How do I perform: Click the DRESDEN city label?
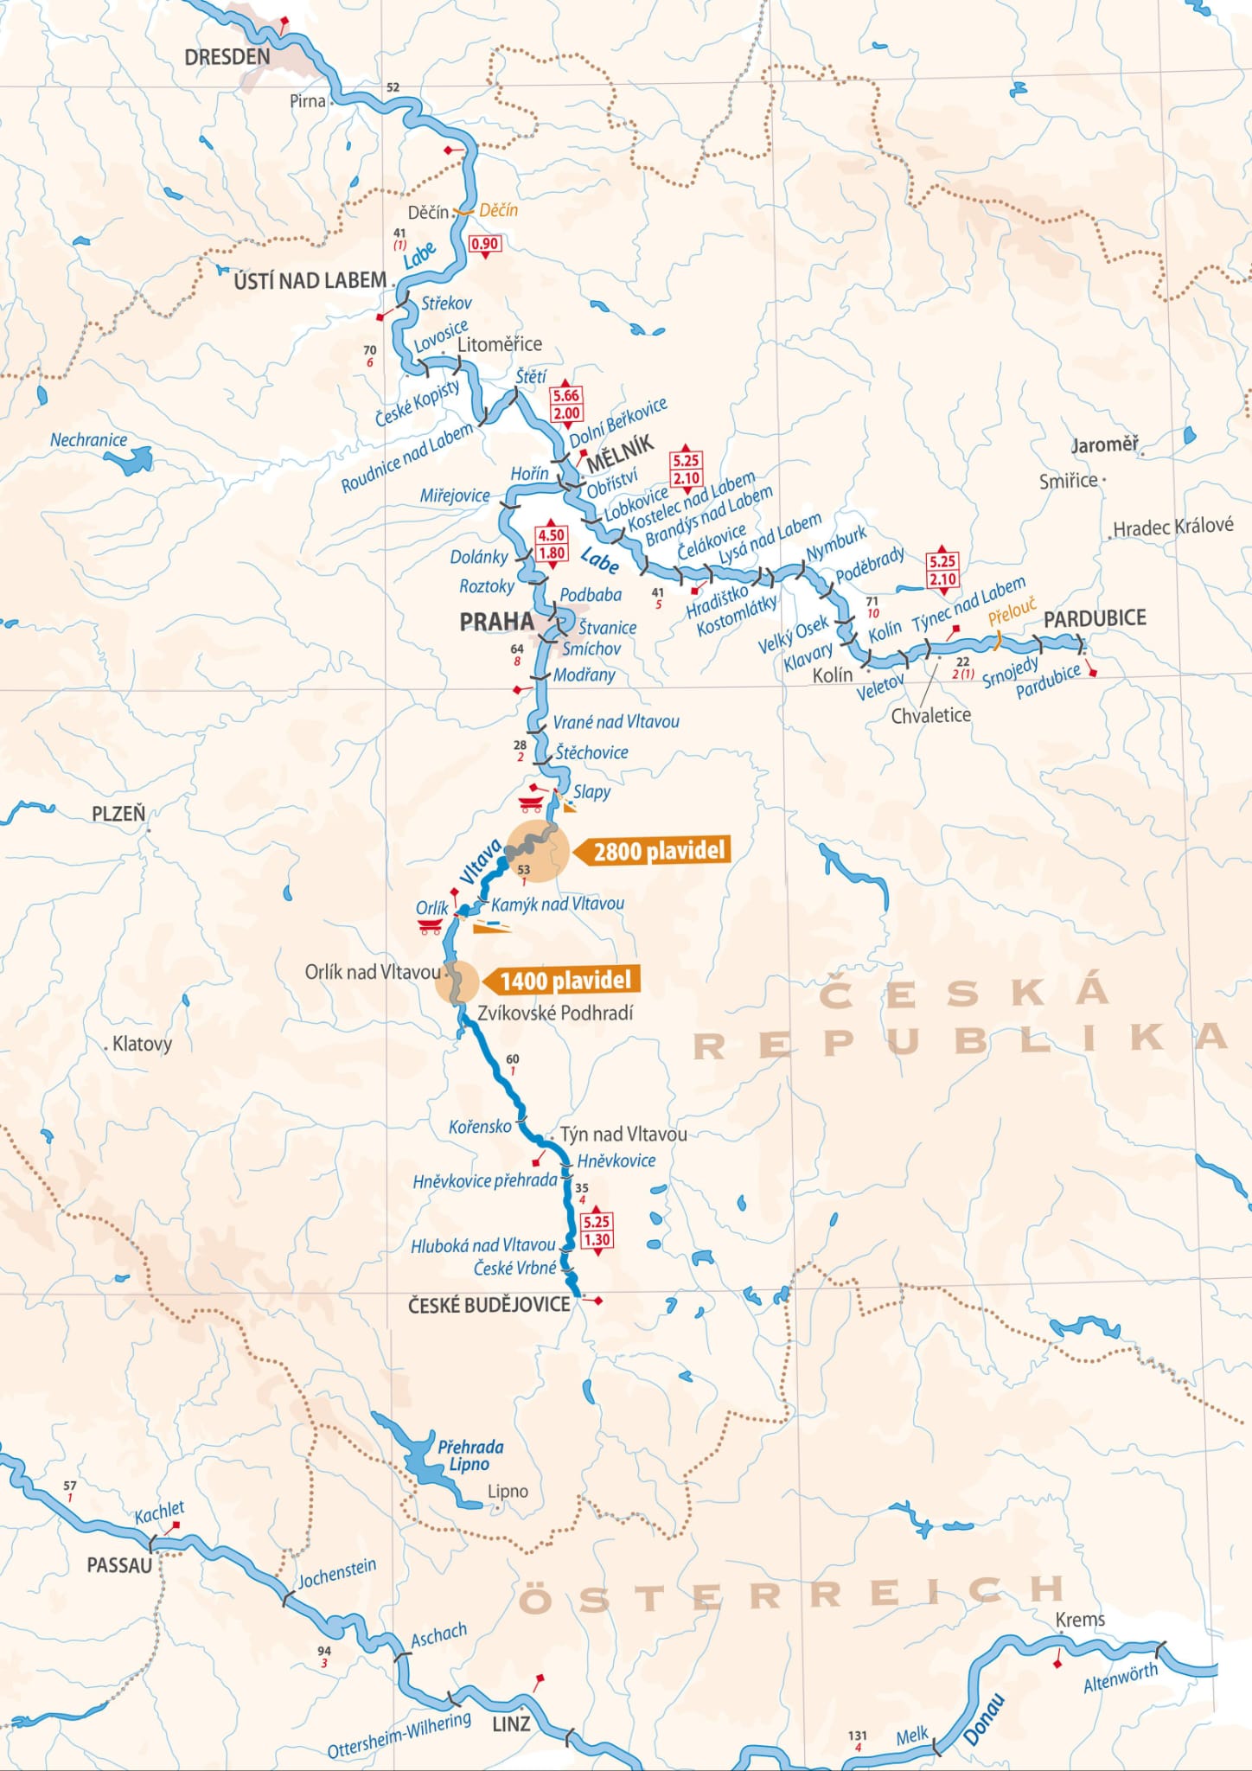point(227,57)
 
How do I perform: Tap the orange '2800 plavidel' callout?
point(657,851)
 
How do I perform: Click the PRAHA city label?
point(496,621)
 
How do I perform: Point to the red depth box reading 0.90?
point(484,244)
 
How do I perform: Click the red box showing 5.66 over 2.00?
point(566,404)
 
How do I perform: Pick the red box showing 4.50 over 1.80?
point(552,544)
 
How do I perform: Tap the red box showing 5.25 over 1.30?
point(597,1231)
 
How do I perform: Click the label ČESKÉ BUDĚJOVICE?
point(489,1305)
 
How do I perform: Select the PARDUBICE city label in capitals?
point(1095,618)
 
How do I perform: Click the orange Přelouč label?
point(1012,611)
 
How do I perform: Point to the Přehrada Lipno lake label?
point(469,1455)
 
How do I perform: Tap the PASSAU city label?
point(119,1565)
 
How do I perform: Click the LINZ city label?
point(511,1723)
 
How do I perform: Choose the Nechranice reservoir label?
point(88,439)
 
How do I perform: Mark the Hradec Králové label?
point(1172,527)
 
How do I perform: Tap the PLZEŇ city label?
point(118,814)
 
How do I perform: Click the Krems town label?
point(1080,1619)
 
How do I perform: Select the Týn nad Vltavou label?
point(623,1134)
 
